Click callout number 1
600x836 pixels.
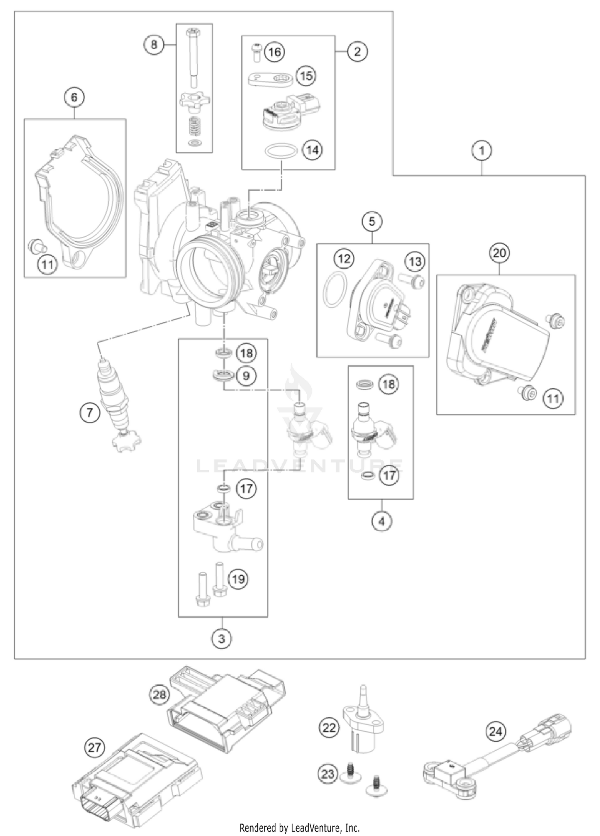click(482, 151)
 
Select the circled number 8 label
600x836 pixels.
click(154, 45)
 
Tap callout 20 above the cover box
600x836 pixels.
click(500, 253)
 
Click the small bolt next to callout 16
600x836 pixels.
click(256, 52)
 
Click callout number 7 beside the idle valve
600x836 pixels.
click(89, 412)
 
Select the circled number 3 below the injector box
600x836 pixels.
click(222, 638)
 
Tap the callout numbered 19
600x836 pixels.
click(238, 579)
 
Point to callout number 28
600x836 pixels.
click(160, 694)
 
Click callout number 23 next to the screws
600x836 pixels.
click(328, 774)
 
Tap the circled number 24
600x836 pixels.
click(496, 732)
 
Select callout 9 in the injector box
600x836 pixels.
click(246, 376)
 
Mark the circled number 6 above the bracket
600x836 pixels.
click(75, 97)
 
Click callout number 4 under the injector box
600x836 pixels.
click(381, 521)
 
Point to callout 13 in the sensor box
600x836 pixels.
click(415, 261)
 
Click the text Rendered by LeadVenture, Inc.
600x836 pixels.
click(300, 827)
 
